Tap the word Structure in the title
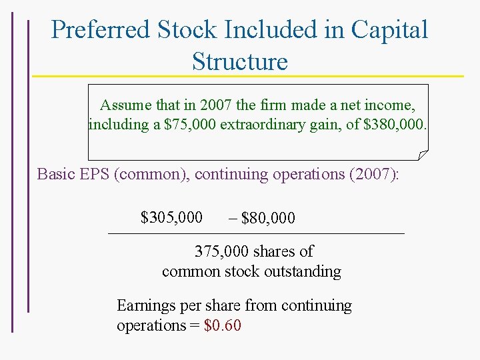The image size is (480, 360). coord(239,61)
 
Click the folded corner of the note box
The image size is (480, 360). coord(422,155)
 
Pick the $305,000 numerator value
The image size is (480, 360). coord(171,217)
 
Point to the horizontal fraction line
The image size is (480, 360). coord(256,233)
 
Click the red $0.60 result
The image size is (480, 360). coord(222,325)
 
